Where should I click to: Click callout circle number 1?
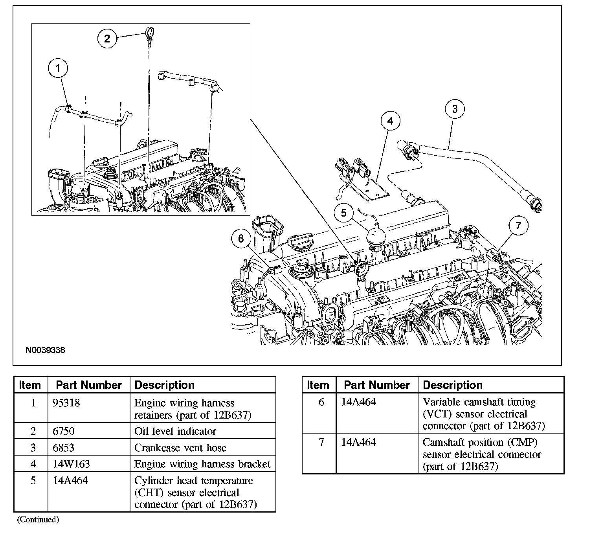coord(58,68)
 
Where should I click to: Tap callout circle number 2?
coord(107,39)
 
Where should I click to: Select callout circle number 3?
coord(455,109)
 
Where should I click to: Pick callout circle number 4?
coord(390,121)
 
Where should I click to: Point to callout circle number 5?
coord(344,213)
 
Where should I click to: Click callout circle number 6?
coord(241,238)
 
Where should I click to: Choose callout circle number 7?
coord(518,226)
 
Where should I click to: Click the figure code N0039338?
coord(45,350)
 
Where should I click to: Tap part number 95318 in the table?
coord(66,403)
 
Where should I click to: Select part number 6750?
coord(64,431)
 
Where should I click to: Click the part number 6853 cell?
coord(64,448)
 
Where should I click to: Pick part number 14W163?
coord(71,464)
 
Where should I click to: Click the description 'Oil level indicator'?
coord(175,431)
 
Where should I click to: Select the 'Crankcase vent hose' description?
coord(180,448)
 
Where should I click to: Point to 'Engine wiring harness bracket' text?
coord(202,464)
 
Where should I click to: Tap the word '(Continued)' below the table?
coord(38,520)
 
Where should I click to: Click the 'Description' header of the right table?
coord(453,385)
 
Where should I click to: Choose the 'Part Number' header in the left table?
coord(89,385)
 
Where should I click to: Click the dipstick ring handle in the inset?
coord(149,30)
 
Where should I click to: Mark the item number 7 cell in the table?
coord(321,443)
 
